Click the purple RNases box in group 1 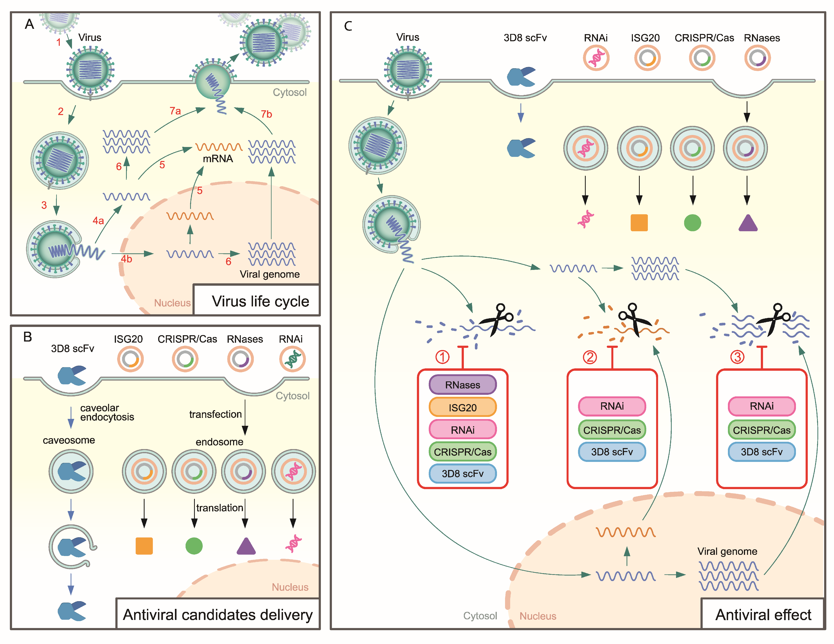point(462,385)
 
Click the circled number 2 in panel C point(590,357)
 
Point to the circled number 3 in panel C point(737,357)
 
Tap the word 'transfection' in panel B point(215,414)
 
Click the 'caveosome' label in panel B point(69,440)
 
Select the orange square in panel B point(144,546)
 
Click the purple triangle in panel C point(748,224)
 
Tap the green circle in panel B point(194,546)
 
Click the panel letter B point(27,337)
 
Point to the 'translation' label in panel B point(219,508)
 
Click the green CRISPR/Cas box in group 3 point(761,430)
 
